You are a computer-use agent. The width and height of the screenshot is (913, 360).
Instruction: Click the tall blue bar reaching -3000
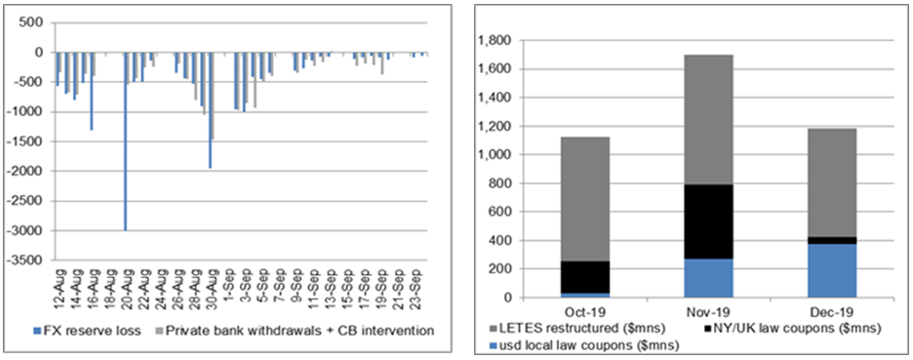click(125, 141)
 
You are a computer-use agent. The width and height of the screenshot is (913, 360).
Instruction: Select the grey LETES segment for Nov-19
click(708, 119)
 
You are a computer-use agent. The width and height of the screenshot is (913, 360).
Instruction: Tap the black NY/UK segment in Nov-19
click(708, 221)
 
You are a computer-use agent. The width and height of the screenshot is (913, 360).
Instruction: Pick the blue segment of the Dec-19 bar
click(831, 271)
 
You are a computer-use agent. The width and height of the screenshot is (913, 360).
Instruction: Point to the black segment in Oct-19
click(584, 277)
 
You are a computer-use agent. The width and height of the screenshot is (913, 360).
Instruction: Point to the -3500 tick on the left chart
click(29, 260)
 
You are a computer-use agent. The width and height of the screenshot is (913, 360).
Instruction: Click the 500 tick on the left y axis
click(35, 23)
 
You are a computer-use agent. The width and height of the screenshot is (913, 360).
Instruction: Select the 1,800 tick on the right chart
click(493, 41)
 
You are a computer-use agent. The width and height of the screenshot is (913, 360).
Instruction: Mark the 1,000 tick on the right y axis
click(493, 155)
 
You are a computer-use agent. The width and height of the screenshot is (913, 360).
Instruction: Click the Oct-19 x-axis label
click(584, 310)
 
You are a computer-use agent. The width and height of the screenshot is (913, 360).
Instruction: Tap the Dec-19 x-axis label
click(831, 310)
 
